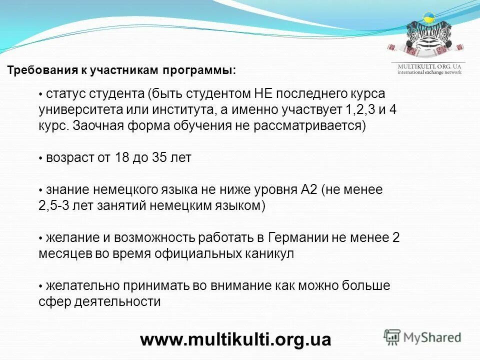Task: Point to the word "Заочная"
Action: [x=94, y=125]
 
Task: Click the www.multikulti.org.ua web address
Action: [x=235, y=339]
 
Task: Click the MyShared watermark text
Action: [x=432, y=337]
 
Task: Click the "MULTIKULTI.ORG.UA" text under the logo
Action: [x=429, y=66]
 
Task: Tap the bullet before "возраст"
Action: [x=41, y=158]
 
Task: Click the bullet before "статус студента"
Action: [x=41, y=94]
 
